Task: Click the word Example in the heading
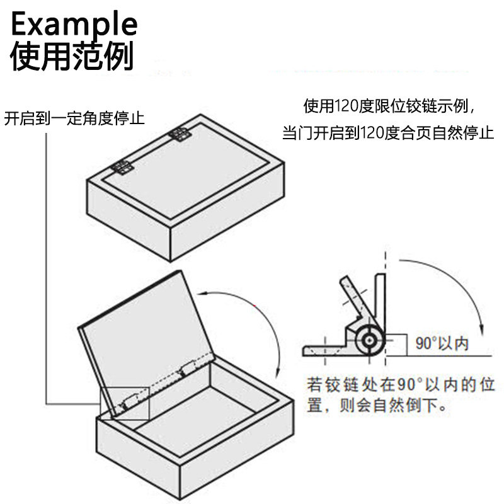pyautogui.click(x=74, y=24)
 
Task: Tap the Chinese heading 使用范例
pyautogui.click(x=72, y=57)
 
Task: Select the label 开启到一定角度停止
pyautogui.click(x=74, y=118)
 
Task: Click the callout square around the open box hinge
pyautogui.click(x=124, y=403)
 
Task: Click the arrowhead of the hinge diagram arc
pyautogui.click(x=481, y=332)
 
